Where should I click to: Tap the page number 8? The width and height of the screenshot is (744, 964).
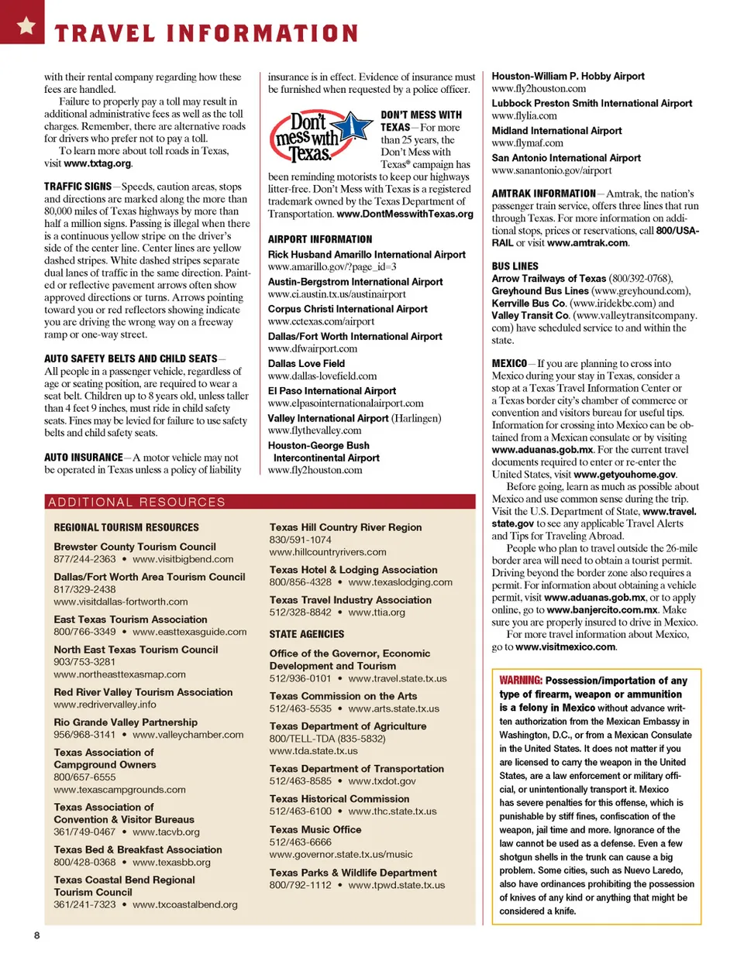[x=36, y=935]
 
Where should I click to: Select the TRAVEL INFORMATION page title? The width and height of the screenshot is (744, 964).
[x=206, y=33]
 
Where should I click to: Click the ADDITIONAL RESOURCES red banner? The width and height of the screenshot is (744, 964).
[x=260, y=502]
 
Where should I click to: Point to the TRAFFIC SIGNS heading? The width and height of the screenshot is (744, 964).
[x=77, y=187]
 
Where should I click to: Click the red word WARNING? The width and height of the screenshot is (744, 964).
[x=520, y=681]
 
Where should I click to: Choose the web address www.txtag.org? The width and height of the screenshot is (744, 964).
[x=98, y=163]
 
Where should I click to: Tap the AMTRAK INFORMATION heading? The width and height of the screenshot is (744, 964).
[x=543, y=194]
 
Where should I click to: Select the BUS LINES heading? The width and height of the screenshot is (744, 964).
[x=515, y=266]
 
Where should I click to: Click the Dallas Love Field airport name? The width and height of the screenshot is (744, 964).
[x=306, y=363]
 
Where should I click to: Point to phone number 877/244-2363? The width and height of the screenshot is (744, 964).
[x=84, y=559]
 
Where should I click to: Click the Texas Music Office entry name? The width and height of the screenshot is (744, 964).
[x=315, y=829]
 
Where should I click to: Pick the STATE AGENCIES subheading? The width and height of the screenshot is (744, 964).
[x=307, y=634]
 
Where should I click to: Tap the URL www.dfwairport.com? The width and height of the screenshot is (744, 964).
[x=312, y=348]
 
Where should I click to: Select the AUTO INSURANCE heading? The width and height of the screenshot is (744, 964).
[x=83, y=458]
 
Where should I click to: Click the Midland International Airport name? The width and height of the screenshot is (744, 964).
[x=556, y=131]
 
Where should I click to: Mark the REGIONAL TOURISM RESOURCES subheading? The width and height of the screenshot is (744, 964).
[x=126, y=527]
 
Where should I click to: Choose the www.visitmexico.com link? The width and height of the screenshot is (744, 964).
[x=565, y=647]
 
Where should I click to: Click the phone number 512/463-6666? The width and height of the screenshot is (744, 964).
[x=300, y=842]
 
